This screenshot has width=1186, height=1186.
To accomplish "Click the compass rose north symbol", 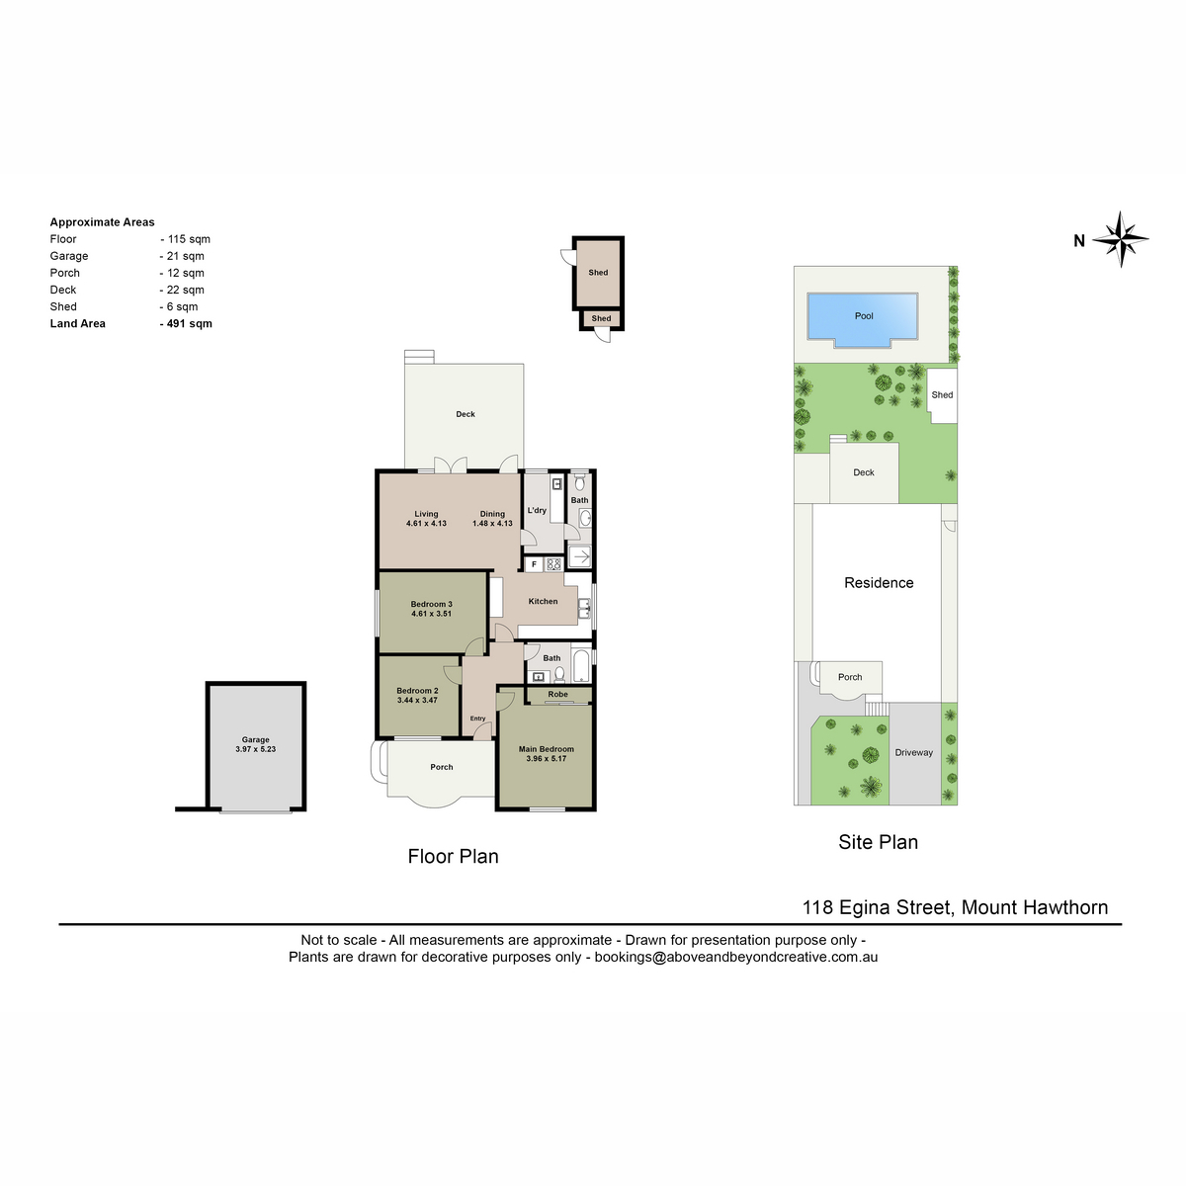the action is tap(1120, 239).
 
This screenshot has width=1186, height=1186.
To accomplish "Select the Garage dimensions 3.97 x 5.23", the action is tap(255, 749).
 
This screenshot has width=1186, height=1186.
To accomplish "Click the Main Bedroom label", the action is tap(546, 749).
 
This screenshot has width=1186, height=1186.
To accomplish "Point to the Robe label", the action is tap(557, 694).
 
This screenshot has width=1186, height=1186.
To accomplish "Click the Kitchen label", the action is tap(543, 601).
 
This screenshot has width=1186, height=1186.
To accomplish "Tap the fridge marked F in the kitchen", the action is tap(535, 563).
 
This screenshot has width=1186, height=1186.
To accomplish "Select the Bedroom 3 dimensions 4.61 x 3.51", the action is tap(431, 614).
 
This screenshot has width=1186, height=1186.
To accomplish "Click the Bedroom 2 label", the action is tap(417, 691).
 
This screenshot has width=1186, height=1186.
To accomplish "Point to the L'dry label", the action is tap(537, 510).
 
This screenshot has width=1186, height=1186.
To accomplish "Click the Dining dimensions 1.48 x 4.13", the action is tap(492, 523).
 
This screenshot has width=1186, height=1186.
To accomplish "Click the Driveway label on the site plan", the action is tap(913, 752).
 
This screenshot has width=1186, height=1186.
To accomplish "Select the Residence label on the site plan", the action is tap(879, 583).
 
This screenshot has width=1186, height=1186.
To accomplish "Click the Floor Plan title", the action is tap(453, 856).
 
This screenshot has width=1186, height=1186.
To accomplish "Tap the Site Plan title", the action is tap(878, 842).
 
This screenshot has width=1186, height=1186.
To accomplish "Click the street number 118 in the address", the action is tap(817, 907).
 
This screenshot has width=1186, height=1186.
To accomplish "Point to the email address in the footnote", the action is tap(736, 957).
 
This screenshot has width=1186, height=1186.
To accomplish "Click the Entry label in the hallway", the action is tap(477, 719).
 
